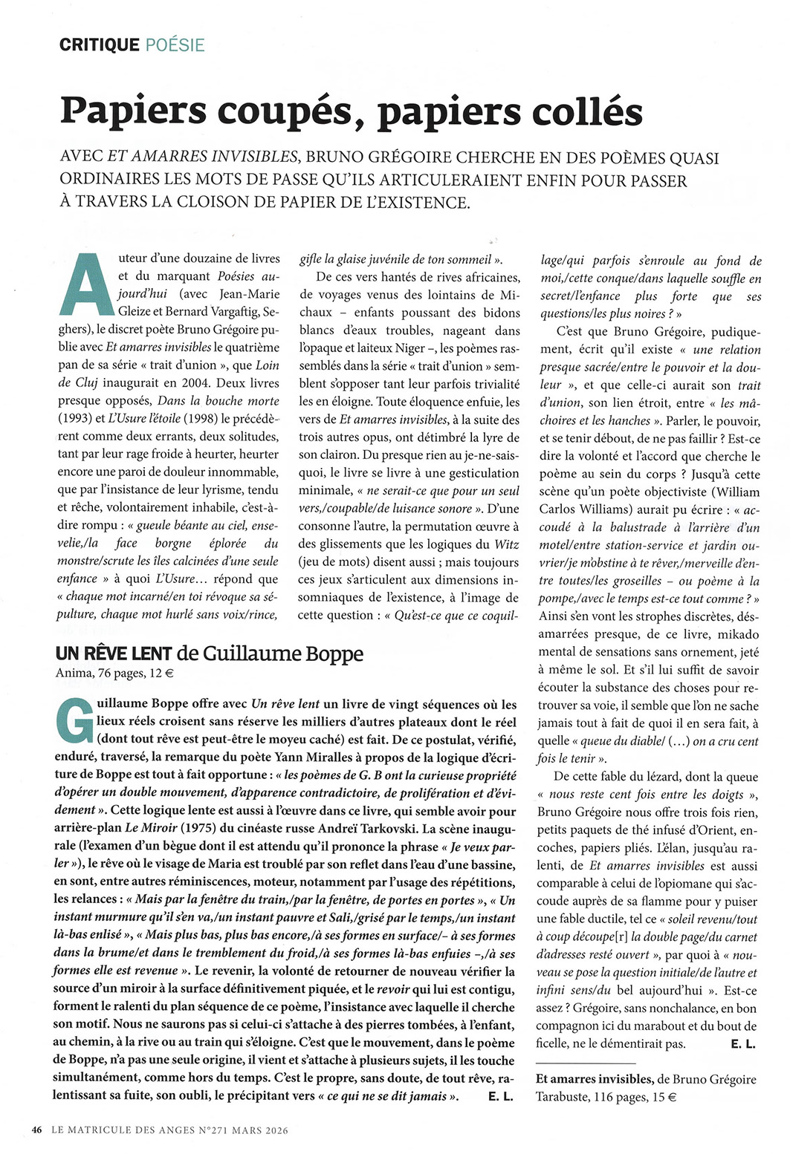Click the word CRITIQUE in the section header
coord(100,45)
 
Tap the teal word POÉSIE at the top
coord(175,45)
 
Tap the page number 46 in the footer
coord(36,1130)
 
